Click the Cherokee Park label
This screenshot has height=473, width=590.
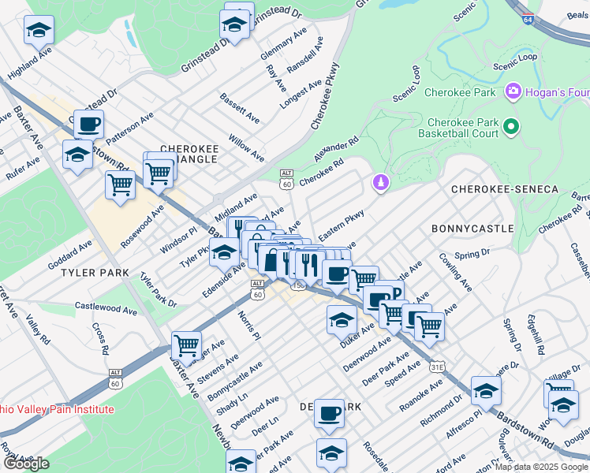tap(460, 92)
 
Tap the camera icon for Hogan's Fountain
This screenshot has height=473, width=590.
tap(513, 92)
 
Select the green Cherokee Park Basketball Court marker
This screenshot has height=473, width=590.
tap(510, 126)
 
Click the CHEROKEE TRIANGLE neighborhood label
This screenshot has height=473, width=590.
tap(189, 154)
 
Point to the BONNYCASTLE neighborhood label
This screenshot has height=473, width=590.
tap(472, 228)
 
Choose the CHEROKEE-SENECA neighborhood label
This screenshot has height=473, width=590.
tap(504, 190)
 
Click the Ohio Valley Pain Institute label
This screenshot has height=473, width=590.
tap(57, 410)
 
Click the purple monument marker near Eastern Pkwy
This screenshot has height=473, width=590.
tap(380, 183)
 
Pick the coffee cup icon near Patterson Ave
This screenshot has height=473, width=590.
tap(89, 124)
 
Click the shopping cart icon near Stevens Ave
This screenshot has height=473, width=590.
tap(186, 344)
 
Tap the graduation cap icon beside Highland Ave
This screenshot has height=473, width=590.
tap(39, 30)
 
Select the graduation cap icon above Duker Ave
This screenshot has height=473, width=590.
tap(342, 319)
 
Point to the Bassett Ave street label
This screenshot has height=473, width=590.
tap(240, 109)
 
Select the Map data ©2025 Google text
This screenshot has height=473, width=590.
tap(541, 467)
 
